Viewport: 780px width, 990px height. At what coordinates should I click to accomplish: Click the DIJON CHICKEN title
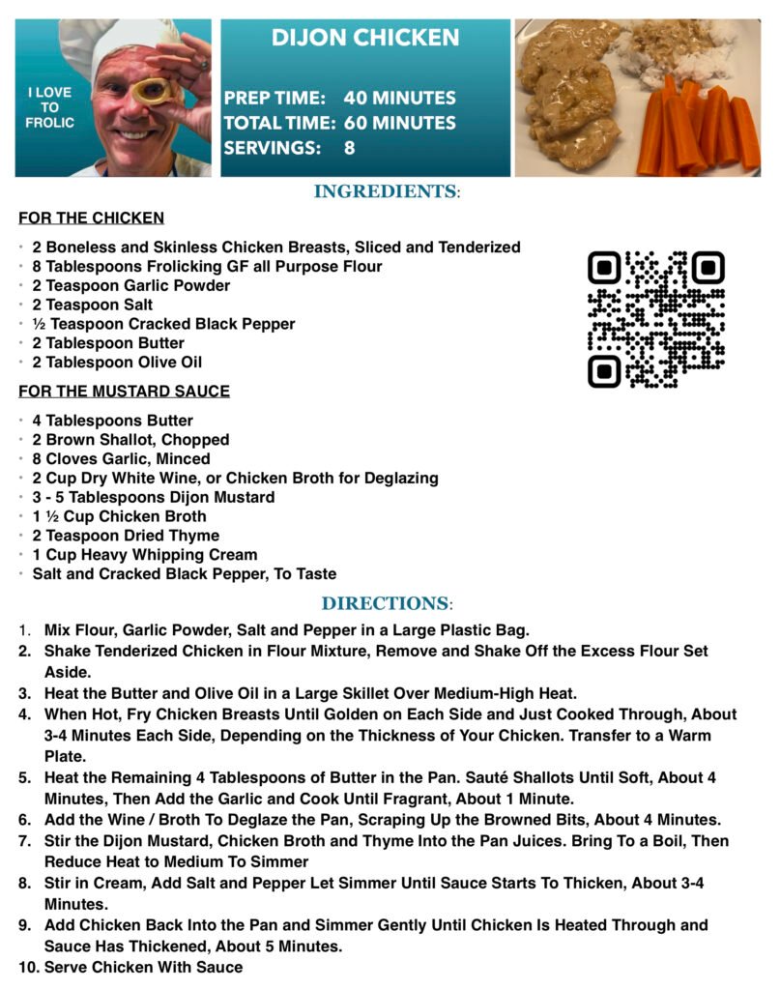pos(364,39)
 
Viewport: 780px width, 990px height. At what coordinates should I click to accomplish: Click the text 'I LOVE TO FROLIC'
pos(49,107)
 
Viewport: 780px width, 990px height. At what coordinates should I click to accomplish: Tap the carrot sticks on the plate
pos(701,126)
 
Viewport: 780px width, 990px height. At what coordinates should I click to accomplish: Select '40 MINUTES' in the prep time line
pos(399,99)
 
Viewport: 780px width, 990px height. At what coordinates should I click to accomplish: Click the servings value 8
pos(349,149)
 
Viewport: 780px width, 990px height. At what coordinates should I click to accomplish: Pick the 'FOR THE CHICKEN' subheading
pos(91,218)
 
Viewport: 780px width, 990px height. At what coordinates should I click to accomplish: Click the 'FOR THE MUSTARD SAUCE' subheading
pos(124,392)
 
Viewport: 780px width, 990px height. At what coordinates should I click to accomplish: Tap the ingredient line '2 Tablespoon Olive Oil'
pos(117,363)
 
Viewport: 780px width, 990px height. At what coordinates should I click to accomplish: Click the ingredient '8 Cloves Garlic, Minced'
pos(121,459)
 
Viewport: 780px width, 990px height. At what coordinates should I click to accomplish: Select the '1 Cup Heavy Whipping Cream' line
pos(145,555)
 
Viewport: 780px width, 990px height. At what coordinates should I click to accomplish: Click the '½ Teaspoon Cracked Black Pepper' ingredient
pos(163,324)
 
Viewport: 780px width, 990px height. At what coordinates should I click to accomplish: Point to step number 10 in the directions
pos(28,967)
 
